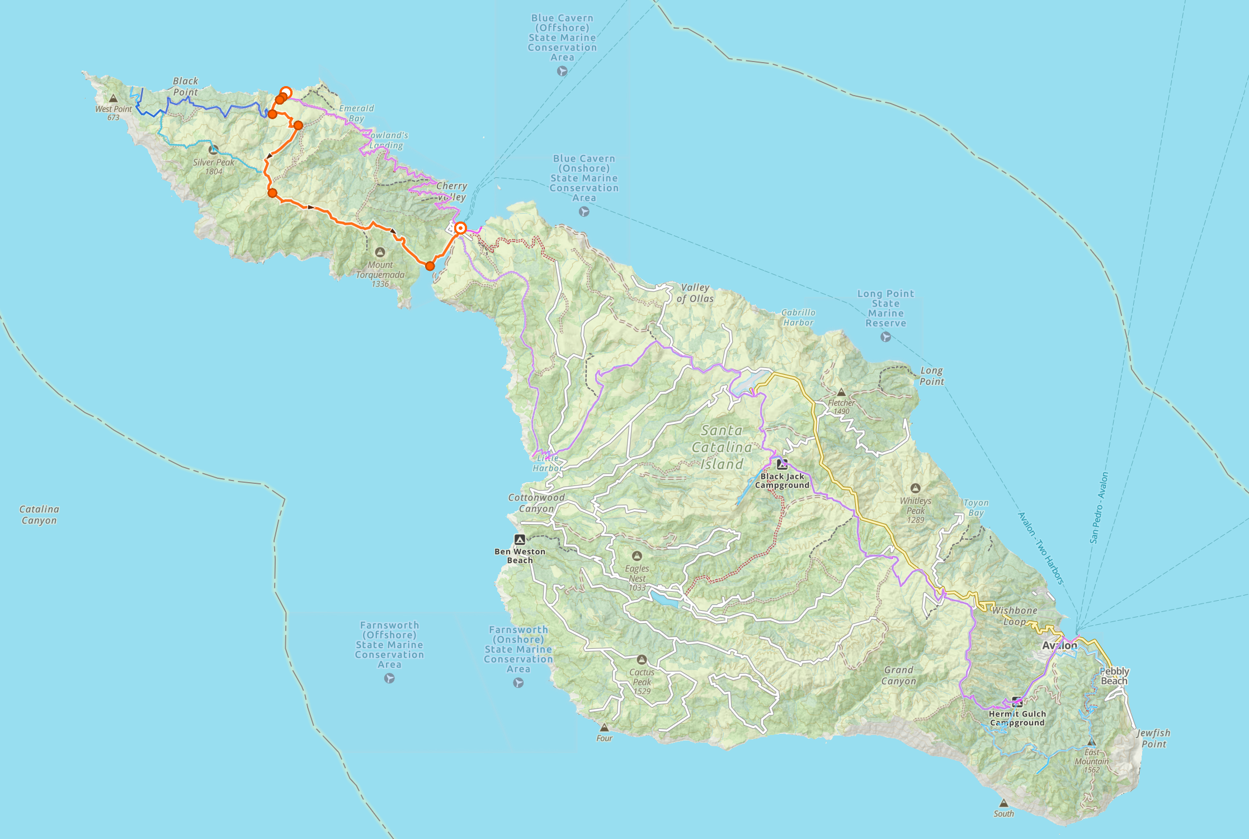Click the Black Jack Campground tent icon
[782, 464]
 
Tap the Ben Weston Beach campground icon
[520, 540]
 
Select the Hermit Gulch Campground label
[1017, 718]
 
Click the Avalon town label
[1059, 645]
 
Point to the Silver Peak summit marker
[213, 150]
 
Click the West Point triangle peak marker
[114, 98]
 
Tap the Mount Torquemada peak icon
[380, 253]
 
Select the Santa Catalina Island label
[722, 447]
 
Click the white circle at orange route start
[286, 92]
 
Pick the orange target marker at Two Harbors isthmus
[460, 228]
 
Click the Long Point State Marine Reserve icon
[885, 337]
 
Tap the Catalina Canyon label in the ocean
[39, 515]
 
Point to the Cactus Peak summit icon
[642, 660]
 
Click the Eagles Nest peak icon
[637, 556]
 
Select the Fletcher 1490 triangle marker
[841, 393]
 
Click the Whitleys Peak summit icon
[915, 488]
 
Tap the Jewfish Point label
[1153, 738]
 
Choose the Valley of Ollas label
[695, 293]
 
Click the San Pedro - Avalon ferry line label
[1099, 508]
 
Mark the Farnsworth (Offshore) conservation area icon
[389, 678]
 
